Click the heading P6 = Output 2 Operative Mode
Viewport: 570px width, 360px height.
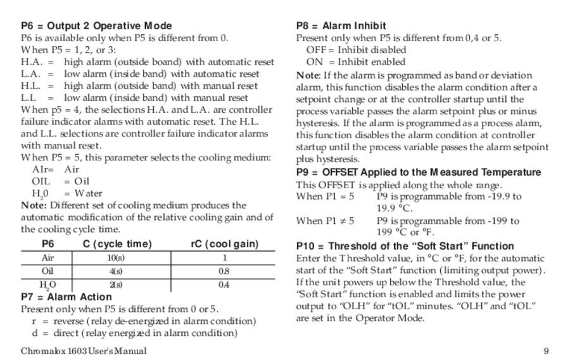96,26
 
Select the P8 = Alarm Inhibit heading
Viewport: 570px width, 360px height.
341,26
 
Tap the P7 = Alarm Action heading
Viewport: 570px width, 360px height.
66,297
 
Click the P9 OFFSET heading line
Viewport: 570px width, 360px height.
419,172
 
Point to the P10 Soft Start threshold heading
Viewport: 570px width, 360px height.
405,246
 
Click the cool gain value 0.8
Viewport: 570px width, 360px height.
224,271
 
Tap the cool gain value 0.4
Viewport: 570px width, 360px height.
224,285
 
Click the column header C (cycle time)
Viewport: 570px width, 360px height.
117,244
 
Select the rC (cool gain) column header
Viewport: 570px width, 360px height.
224,244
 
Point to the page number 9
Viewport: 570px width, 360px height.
546,350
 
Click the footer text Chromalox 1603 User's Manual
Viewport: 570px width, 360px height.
84,350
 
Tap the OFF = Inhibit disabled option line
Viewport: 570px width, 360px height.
356,50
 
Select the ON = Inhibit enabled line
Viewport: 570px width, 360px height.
355,62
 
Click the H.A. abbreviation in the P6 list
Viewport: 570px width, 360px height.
32,62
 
